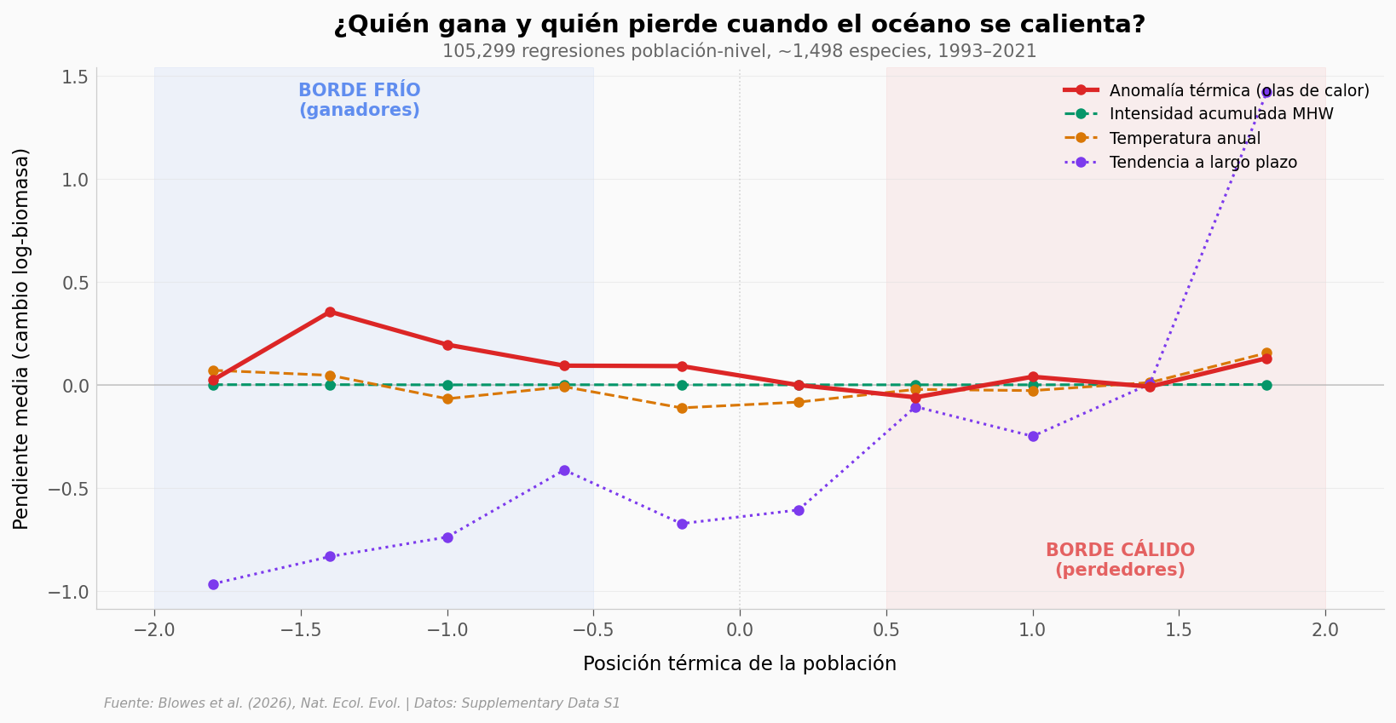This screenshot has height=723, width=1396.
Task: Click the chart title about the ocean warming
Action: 739,25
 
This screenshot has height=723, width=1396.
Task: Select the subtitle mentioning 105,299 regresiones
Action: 739,51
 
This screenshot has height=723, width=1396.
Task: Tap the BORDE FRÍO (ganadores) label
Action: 359,100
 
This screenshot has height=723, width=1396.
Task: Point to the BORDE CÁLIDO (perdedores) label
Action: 1120,560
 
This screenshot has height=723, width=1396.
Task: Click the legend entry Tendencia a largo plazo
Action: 1203,163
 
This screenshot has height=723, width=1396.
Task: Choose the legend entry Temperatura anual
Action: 1185,139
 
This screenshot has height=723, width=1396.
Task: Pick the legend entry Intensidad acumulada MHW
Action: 1220,114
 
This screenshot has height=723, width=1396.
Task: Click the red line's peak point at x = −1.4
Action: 330,312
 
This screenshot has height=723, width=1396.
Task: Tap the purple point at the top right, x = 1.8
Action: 1266,92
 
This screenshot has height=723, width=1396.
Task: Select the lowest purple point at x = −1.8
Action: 213,584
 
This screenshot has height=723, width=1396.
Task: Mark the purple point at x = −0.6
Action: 564,470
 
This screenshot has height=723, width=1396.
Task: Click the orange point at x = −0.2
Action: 682,408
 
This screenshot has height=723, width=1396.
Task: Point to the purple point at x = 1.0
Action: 1033,436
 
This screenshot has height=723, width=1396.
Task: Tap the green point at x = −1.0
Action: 447,385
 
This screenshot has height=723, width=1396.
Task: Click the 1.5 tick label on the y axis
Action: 75,77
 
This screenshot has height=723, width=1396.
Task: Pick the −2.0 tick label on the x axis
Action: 154,630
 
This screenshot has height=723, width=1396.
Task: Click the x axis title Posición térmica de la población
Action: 739,664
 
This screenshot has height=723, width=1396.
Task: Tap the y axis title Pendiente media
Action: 21,338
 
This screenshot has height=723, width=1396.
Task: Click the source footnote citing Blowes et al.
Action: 362,703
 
